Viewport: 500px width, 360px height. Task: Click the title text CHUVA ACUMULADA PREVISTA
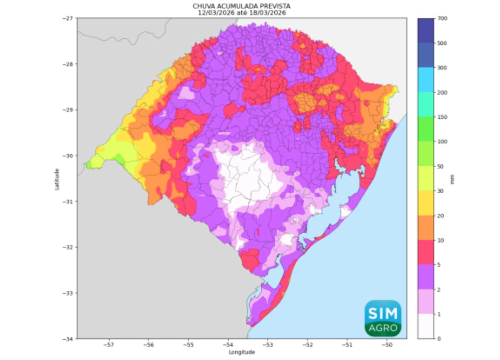(x=242, y=6)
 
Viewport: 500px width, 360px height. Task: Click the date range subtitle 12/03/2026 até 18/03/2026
(x=242, y=13)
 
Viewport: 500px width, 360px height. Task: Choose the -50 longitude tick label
(x=387, y=345)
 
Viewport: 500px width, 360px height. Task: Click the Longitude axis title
(x=242, y=352)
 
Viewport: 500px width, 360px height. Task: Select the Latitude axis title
(x=57, y=179)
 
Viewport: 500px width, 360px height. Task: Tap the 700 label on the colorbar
(x=442, y=18)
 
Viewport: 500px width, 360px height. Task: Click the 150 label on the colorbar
(x=442, y=117)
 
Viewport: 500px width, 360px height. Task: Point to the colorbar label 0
(x=439, y=339)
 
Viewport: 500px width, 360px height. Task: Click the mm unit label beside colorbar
(x=452, y=181)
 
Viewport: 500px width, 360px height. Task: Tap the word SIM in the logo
(x=383, y=313)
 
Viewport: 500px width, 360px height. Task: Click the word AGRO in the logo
(x=383, y=328)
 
